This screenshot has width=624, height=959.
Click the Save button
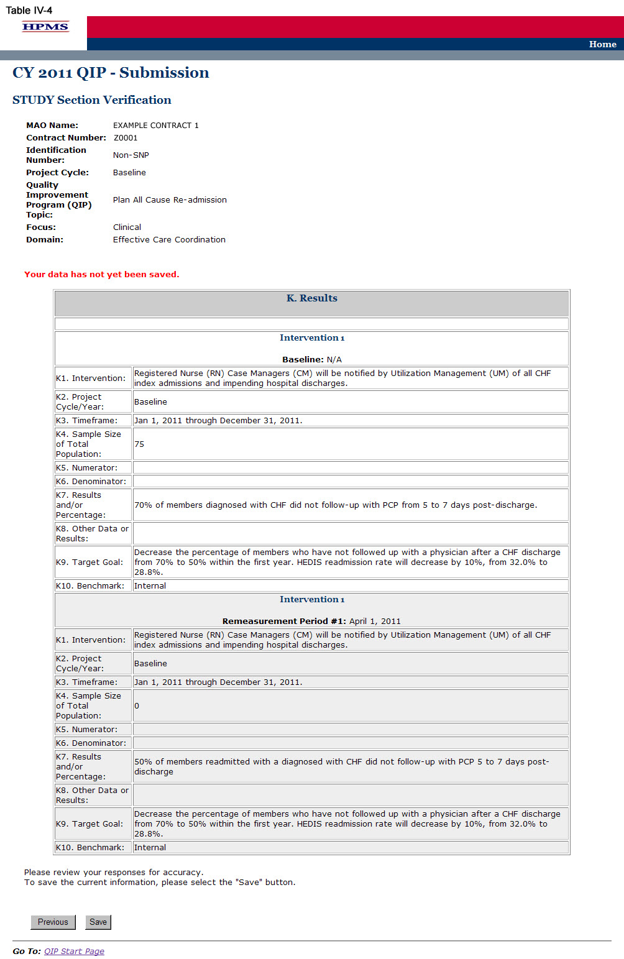point(98,922)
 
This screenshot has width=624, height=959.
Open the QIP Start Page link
point(74,951)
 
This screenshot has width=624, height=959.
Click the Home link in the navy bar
point(602,44)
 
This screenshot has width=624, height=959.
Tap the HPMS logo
point(45,26)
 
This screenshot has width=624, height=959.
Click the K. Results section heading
point(311,298)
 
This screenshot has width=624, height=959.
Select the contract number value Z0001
point(126,138)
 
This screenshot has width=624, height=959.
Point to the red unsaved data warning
point(101,274)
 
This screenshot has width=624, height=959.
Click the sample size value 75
point(139,444)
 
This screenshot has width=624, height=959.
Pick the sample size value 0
point(137,706)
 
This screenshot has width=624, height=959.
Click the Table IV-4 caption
point(29,10)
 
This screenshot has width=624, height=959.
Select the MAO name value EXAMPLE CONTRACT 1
point(155,126)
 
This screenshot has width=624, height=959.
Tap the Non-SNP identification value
point(131,155)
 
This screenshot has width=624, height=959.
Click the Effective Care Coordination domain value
point(169,240)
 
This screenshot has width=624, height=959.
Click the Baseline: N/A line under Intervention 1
point(311,359)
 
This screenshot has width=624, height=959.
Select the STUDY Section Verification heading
point(91,100)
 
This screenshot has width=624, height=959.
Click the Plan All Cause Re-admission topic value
point(170,200)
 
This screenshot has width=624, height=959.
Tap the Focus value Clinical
point(127,227)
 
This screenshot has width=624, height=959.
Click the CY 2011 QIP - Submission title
point(111,73)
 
